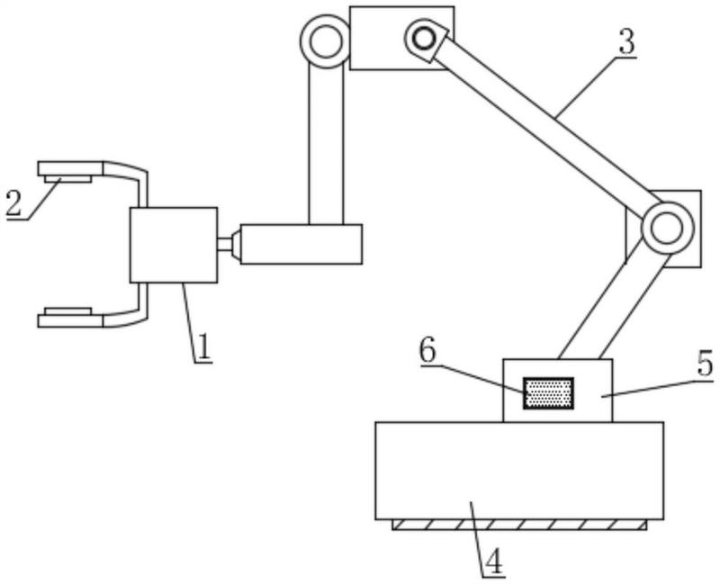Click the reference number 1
(204, 347)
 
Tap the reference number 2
(13, 203)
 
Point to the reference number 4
(493, 562)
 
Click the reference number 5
(705, 364)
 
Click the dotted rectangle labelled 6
(548, 393)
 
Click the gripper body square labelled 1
(174, 245)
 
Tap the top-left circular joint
(325, 40)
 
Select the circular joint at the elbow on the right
(667, 228)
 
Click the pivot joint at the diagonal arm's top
(423, 38)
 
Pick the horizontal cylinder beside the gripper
(301, 244)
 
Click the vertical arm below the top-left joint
(326, 144)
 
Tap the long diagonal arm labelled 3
(540, 126)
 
